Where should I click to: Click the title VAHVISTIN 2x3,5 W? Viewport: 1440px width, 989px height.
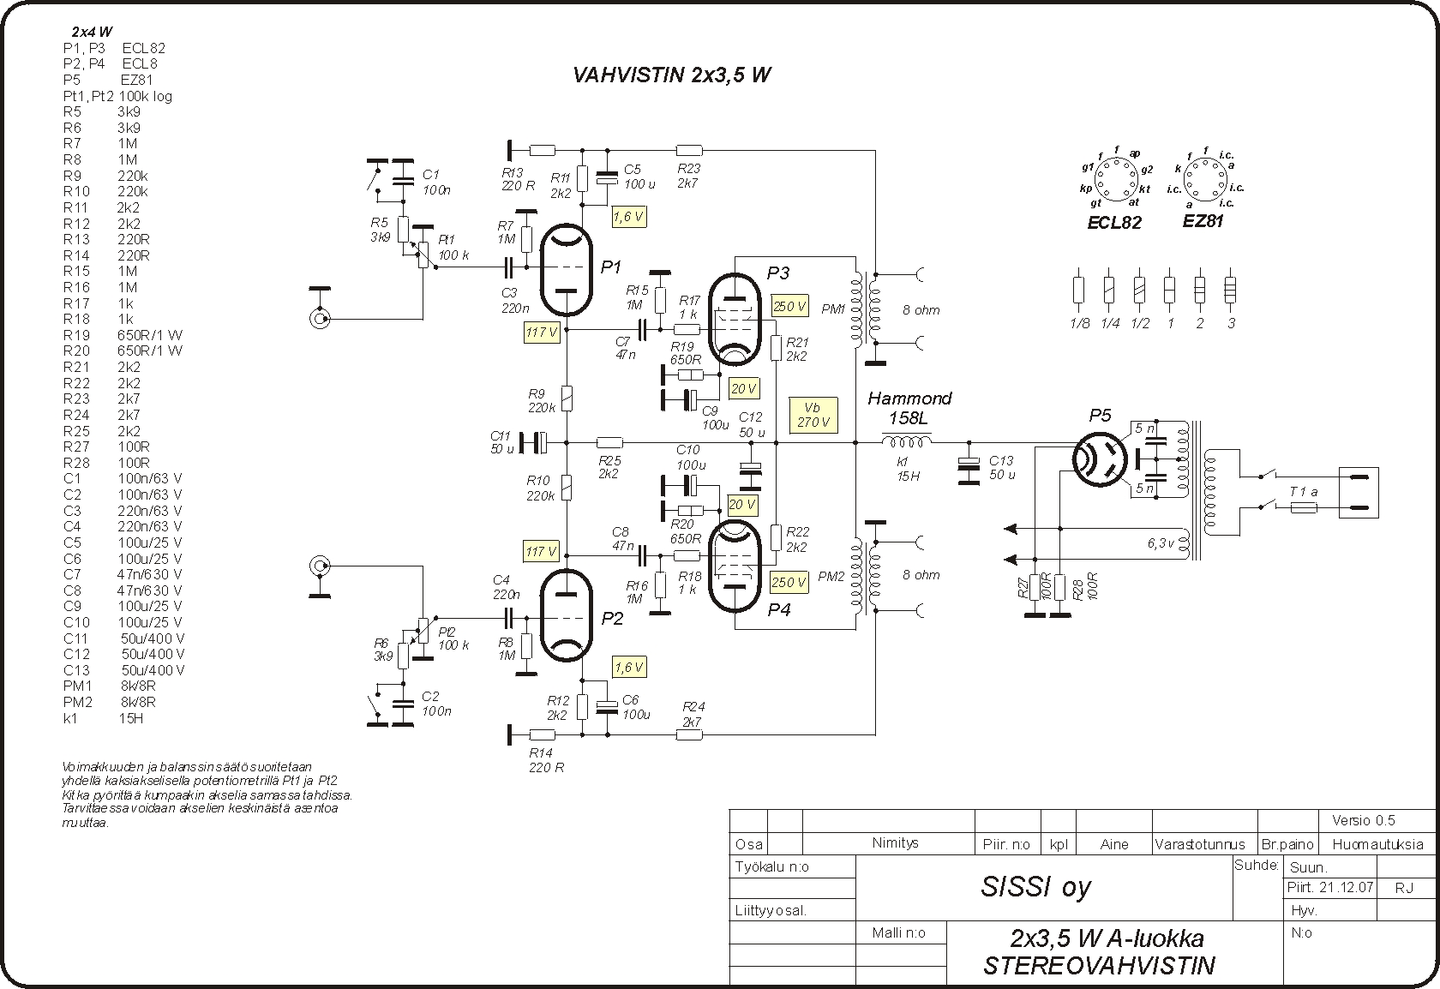pos(671,75)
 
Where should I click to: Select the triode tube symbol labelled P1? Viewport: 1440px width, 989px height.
pos(566,269)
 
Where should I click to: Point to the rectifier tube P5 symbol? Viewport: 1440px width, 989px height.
pos(1100,459)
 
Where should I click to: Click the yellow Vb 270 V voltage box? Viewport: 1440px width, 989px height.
pos(813,415)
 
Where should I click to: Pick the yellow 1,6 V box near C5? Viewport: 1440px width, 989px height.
pos(629,217)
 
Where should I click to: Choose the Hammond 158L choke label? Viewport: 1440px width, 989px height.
pos(909,408)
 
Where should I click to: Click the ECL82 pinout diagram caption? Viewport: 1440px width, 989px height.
pos(1114,223)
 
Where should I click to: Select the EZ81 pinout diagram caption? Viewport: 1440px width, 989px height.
pos(1202,221)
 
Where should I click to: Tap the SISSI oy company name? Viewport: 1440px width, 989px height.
pos(1035,887)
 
